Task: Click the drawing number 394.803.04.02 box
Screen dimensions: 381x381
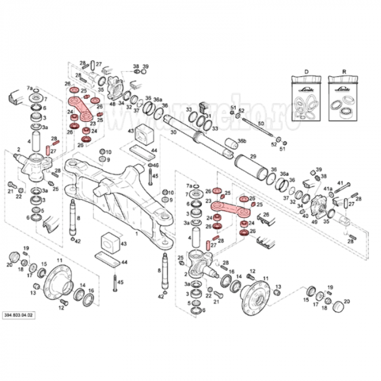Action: tap(19, 315)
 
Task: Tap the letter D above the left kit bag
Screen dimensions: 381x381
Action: tap(306, 72)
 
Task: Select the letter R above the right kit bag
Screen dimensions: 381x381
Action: tap(343, 72)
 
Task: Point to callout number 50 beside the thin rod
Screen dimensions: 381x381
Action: tap(261, 125)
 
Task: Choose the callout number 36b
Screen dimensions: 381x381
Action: tap(242, 141)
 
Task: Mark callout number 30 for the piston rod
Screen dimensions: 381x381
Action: tap(173, 132)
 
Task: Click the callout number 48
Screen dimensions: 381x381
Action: tap(112, 103)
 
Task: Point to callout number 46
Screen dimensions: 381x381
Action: tap(156, 165)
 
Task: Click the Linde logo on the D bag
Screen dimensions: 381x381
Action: tap(305, 86)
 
